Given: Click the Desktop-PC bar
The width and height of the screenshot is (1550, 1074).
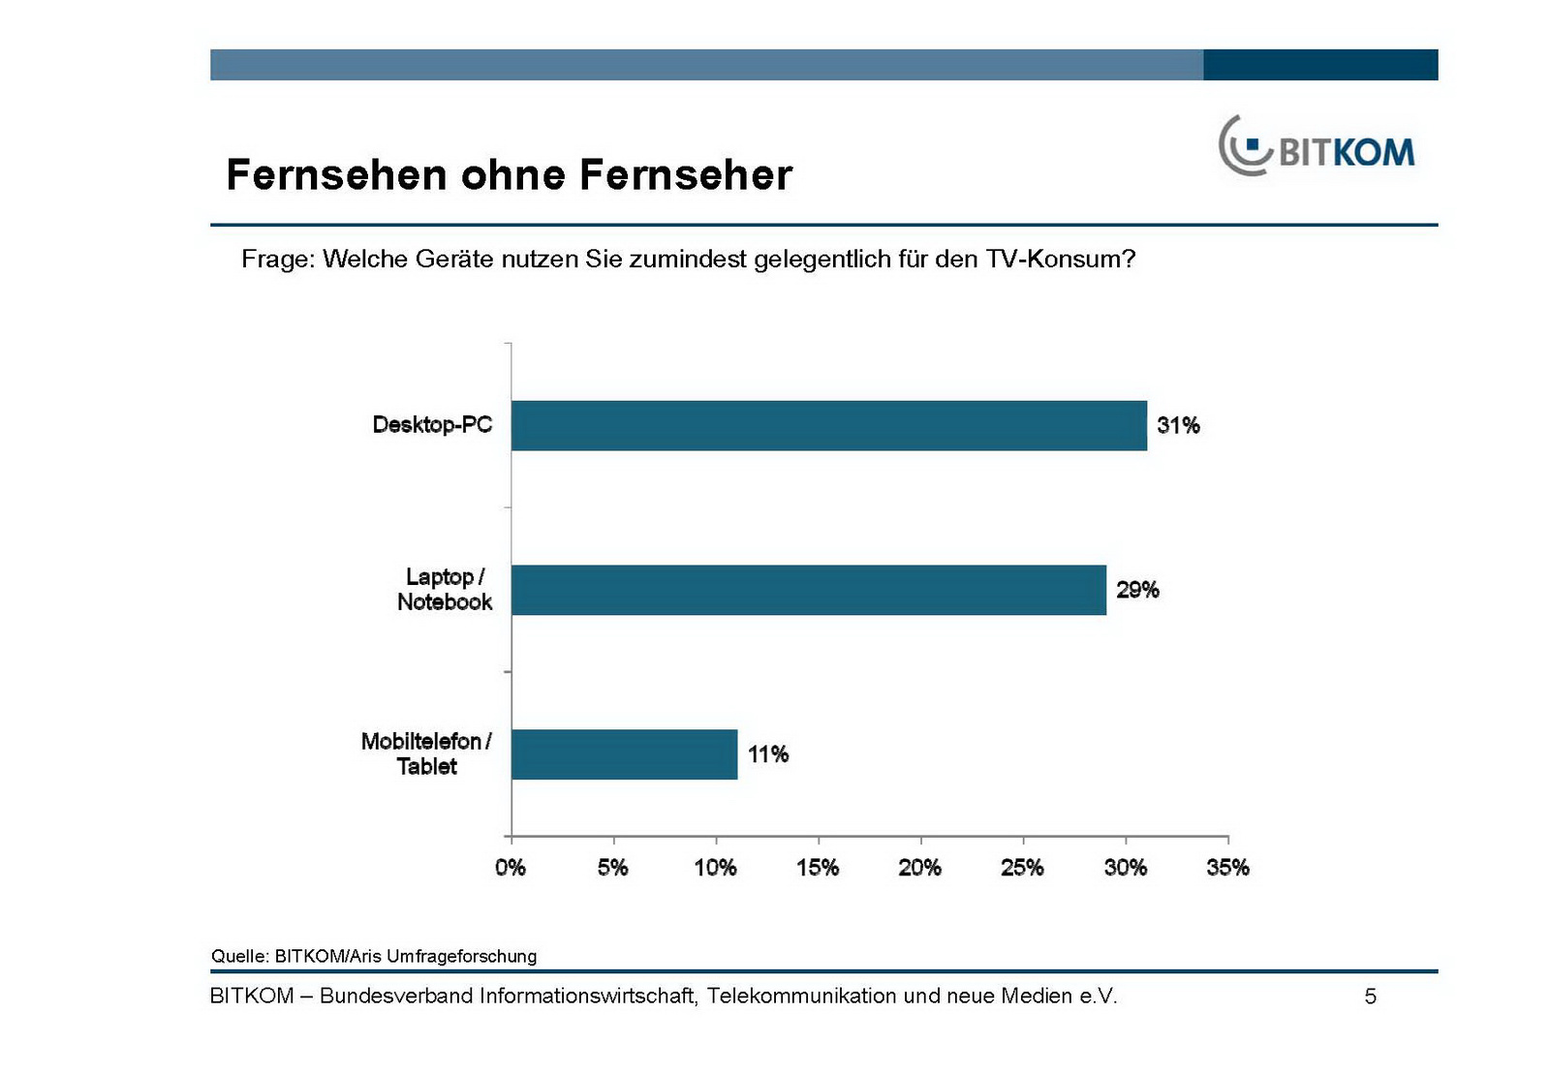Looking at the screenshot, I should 828,425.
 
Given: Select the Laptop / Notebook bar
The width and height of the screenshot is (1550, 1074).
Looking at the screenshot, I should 808,590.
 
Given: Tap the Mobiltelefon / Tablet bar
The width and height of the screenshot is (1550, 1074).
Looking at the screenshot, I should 624,754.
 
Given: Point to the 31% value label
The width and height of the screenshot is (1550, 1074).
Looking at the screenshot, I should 1178,425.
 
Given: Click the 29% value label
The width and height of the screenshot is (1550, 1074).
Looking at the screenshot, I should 1137,590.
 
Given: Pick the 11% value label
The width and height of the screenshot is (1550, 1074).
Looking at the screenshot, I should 768,754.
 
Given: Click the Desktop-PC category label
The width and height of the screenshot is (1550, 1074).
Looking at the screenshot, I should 432,424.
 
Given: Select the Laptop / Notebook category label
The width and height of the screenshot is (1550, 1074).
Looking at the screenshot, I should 445,589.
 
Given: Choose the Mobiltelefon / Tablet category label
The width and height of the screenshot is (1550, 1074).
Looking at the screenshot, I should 426,753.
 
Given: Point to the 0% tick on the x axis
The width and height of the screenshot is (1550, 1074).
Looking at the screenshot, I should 511,867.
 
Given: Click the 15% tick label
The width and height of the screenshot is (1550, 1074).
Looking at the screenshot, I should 818,867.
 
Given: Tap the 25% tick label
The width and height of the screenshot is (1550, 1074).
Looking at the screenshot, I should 1022,867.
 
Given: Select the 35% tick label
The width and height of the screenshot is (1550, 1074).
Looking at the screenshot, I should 1227,867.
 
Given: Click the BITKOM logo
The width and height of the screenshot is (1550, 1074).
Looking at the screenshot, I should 1317,147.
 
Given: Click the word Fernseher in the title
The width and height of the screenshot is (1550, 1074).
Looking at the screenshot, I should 686,175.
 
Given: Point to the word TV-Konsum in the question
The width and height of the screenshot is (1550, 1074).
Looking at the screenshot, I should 1060,260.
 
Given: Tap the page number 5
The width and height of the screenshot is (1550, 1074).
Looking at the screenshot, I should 1370,997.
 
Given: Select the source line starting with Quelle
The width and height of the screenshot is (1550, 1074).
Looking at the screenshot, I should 374,956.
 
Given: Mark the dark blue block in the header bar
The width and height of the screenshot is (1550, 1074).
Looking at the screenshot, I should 1320,65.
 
